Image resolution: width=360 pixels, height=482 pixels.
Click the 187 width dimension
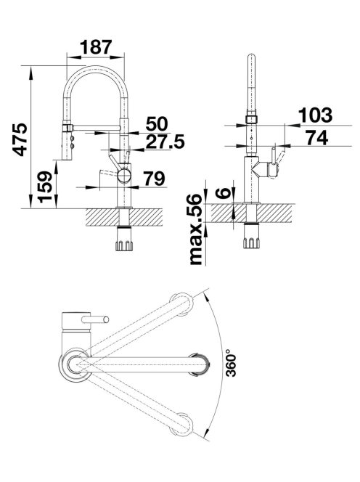(x=96, y=47)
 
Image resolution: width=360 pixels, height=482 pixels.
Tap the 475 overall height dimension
(x=20, y=139)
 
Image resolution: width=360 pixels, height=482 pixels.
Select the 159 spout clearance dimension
(x=45, y=187)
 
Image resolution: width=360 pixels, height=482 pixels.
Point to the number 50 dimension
(x=157, y=123)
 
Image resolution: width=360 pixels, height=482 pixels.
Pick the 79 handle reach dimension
(x=155, y=179)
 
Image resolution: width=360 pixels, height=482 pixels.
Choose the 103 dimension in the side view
(x=316, y=115)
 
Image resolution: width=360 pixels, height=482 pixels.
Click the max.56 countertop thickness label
(x=196, y=229)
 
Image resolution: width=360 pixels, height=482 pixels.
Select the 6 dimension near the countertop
(x=224, y=193)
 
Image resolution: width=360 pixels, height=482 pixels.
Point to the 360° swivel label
(x=231, y=363)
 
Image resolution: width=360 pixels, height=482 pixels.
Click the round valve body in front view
(x=124, y=176)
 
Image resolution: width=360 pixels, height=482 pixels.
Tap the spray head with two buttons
(x=68, y=142)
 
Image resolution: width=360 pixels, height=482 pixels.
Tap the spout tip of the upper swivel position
(x=182, y=304)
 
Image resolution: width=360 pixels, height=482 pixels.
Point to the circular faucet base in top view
(x=75, y=365)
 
